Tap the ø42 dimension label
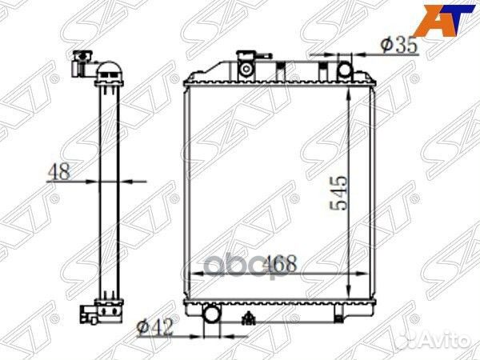pos(155,327)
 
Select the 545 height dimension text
pos(339,193)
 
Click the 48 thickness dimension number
pos(58,171)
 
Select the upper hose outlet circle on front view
pos(345,70)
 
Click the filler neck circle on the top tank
pos(246,69)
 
